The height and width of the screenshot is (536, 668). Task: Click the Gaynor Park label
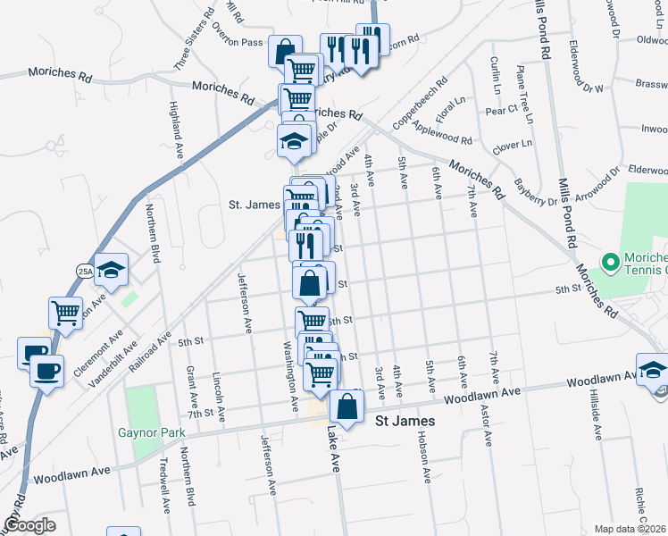tap(151, 433)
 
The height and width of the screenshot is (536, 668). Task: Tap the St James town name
tap(405, 421)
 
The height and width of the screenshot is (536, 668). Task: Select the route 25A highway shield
tap(85, 271)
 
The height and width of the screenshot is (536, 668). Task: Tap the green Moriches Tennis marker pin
tap(611, 263)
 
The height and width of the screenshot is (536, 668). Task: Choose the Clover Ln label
tap(512, 144)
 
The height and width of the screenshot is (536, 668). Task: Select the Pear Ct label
tap(500, 110)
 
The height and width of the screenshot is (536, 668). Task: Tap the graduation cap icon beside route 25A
tap(111, 269)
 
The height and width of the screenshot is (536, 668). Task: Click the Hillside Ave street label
tap(596, 417)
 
